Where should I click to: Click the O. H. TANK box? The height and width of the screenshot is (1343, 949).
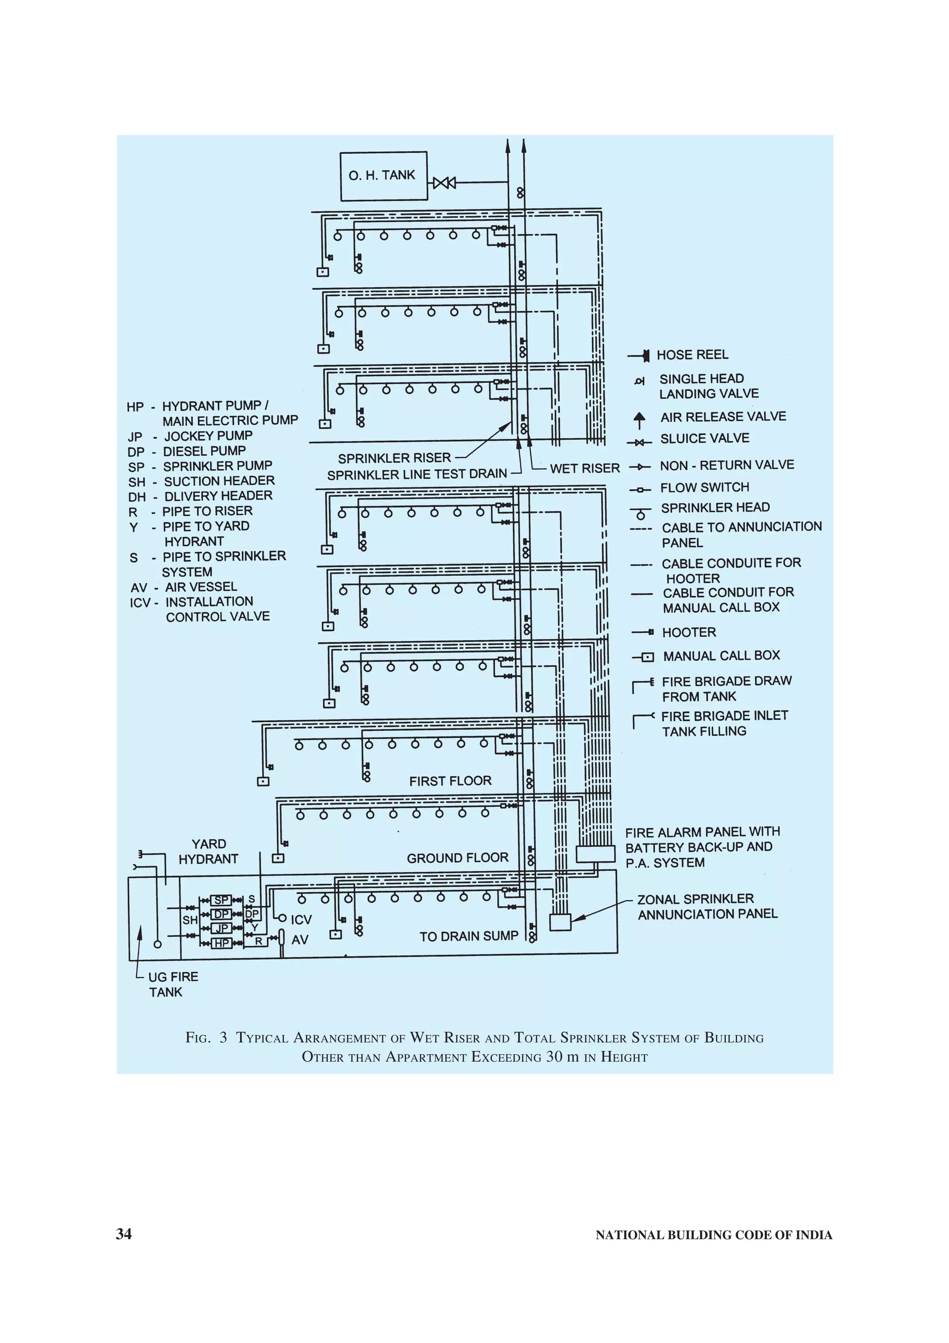click(384, 176)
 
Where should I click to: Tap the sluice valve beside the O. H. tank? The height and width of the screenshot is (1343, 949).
click(444, 183)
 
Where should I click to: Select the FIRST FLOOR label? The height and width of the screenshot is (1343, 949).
click(450, 781)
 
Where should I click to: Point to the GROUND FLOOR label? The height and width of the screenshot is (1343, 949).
click(457, 858)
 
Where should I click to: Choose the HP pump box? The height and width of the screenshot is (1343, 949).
click(221, 943)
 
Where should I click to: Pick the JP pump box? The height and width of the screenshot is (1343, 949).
click(221, 928)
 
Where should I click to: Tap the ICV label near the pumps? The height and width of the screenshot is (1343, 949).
click(301, 919)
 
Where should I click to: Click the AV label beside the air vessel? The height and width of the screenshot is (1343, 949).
click(300, 940)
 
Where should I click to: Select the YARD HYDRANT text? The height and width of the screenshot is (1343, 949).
click(209, 852)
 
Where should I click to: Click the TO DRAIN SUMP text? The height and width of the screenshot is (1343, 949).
click(469, 937)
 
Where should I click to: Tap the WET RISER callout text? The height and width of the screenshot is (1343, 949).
click(585, 469)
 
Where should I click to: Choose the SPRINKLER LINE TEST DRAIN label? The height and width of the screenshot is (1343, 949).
click(417, 475)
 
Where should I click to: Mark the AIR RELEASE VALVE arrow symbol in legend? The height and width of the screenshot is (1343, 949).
click(639, 419)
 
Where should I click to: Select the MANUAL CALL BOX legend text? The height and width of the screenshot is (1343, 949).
click(721, 656)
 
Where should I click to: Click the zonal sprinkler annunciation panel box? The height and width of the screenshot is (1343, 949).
click(560, 922)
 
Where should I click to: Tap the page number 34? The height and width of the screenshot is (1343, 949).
click(124, 1234)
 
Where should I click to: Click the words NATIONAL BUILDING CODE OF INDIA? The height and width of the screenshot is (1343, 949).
click(713, 1235)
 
